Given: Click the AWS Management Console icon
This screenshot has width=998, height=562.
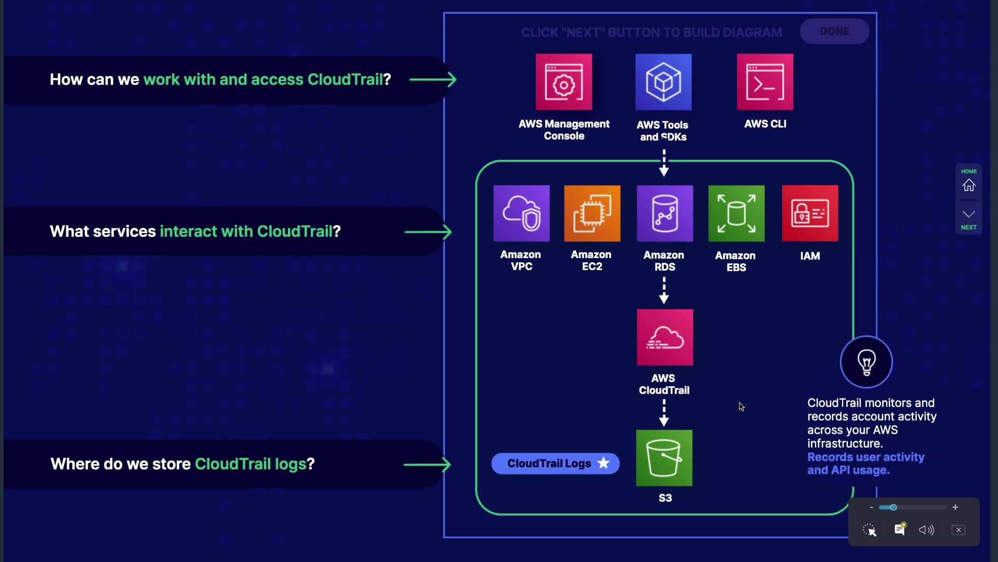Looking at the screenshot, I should pyautogui.click(x=563, y=82).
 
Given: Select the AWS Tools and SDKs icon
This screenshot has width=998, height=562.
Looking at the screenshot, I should pyautogui.click(x=663, y=82).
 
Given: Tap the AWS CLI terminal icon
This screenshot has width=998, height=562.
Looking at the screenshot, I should pyautogui.click(x=765, y=82).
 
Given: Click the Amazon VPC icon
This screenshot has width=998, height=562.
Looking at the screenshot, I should pyautogui.click(x=521, y=213).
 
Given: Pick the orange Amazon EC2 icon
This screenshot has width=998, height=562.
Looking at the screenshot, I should pyautogui.click(x=592, y=213).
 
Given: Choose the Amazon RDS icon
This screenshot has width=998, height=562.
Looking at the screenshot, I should pyautogui.click(x=664, y=213).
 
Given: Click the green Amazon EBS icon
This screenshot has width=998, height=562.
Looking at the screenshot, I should pyautogui.click(x=736, y=213).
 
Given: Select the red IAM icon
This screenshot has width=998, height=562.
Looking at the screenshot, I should pyautogui.click(x=810, y=213).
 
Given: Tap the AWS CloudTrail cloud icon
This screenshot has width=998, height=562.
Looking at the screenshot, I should pyautogui.click(x=664, y=337).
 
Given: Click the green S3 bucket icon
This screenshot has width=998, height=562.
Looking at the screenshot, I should pyautogui.click(x=664, y=458).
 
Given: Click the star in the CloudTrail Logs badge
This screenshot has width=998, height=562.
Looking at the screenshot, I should pyautogui.click(x=603, y=463).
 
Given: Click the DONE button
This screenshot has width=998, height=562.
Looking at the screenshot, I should pyautogui.click(x=834, y=31).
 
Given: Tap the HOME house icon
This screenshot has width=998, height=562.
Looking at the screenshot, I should pyautogui.click(x=968, y=185).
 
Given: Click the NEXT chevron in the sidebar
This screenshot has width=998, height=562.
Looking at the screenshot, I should pyautogui.click(x=968, y=214).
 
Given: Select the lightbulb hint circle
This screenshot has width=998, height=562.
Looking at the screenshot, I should pyautogui.click(x=866, y=362).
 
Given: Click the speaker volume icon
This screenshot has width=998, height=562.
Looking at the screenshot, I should pyautogui.click(x=926, y=530).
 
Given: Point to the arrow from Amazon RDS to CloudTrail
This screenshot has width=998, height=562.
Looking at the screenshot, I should pyautogui.click(x=664, y=290).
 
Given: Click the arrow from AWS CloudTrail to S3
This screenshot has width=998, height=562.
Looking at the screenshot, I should pyautogui.click(x=664, y=413).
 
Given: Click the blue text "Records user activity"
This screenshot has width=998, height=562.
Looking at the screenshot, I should pyautogui.click(x=865, y=457).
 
